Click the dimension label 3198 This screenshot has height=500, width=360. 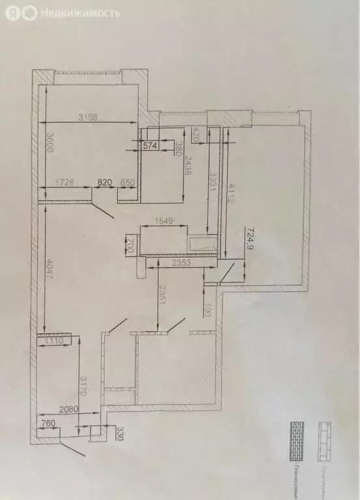pyautogui.click(x=90, y=117)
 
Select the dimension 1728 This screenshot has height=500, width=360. pyautogui.click(x=67, y=183)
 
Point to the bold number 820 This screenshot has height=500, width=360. pyautogui.click(x=105, y=183)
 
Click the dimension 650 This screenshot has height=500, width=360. pyautogui.click(x=128, y=183)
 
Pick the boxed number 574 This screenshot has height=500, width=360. pyautogui.click(x=150, y=146)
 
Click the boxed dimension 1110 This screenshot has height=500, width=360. pyautogui.click(x=58, y=340)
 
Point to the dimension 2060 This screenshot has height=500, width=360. pyautogui.click(x=67, y=409)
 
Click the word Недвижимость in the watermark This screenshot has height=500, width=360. pyautogui.click(x=79, y=12)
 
